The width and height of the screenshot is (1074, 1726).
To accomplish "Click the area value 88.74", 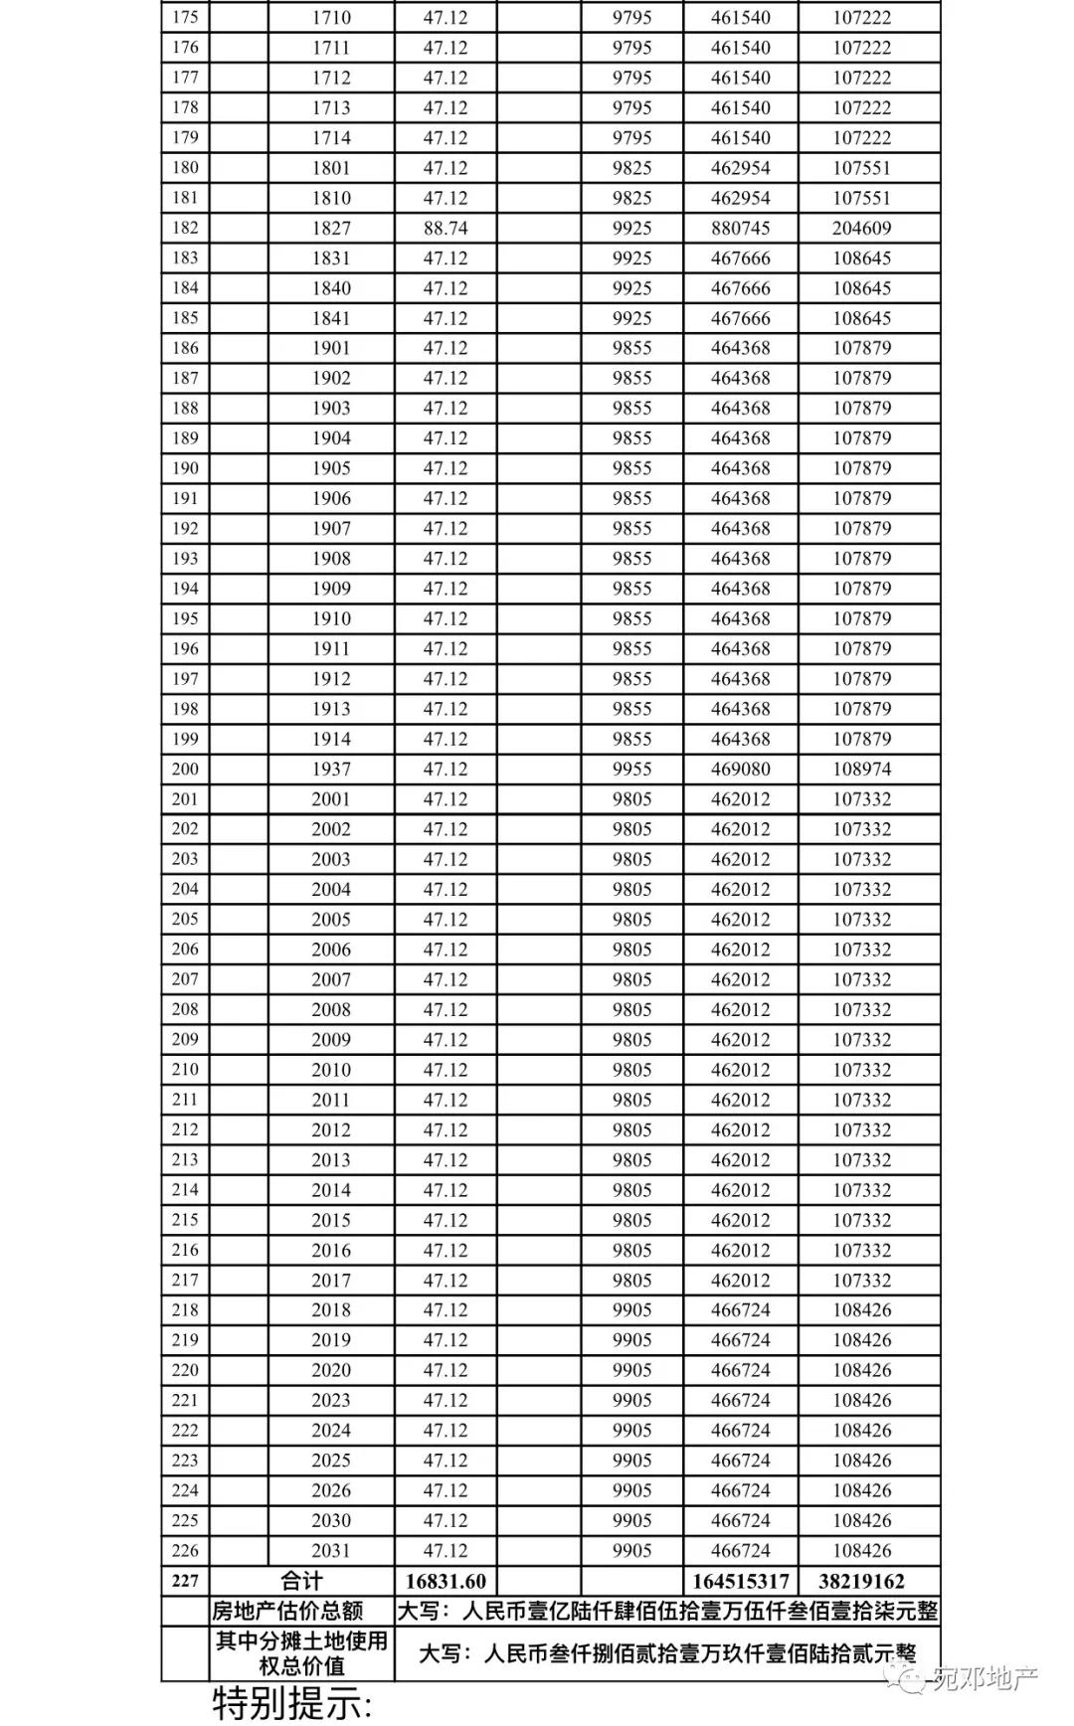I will [x=445, y=228].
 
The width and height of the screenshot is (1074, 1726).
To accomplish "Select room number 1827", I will [x=331, y=228].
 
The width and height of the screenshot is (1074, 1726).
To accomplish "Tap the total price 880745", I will [x=740, y=228].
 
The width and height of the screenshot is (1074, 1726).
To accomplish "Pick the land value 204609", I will [x=861, y=228].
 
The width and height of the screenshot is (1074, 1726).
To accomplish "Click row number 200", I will [x=185, y=769].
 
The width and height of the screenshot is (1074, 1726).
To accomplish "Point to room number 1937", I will [x=331, y=769].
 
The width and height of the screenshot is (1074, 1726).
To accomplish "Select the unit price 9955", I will [x=631, y=769].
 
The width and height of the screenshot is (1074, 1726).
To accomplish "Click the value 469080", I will [x=740, y=769].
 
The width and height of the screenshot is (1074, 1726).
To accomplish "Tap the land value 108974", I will [x=861, y=769].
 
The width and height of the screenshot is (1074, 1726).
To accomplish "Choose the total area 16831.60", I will [x=445, y=1581].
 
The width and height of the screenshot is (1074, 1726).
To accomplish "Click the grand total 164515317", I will [x=740, y=1581].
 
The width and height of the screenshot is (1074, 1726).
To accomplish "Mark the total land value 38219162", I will [x=861, y=1581].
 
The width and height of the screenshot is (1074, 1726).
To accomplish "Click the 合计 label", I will [x=301, y=1581].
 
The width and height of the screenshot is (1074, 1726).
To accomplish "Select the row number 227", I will [x=185, y=1581].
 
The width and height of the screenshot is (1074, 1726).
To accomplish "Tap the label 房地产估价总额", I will [x=287, y=1611].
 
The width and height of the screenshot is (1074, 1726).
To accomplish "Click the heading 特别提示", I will [x=293, y=1704].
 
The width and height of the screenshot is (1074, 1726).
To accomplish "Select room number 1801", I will [x=331, y=168].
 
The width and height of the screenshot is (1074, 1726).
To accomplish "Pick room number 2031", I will [x=331, y=1550].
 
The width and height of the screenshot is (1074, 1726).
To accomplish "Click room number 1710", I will [x=331, y=18].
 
